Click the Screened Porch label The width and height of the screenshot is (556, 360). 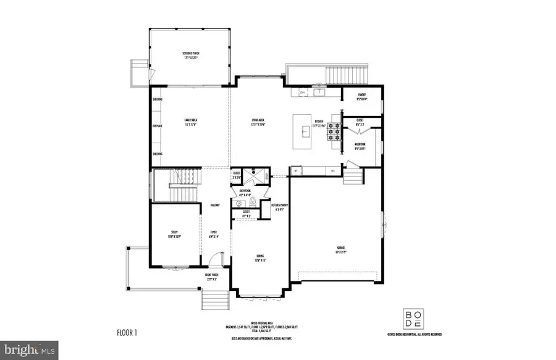tap(191, 56)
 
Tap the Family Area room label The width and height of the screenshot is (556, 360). tap(190, 122)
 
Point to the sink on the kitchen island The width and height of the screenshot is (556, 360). tap(305, 131)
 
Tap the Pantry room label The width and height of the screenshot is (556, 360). tap(362, 97)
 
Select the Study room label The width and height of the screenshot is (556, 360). tap(174, 234)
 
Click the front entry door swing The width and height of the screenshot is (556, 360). tap(214, 259)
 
